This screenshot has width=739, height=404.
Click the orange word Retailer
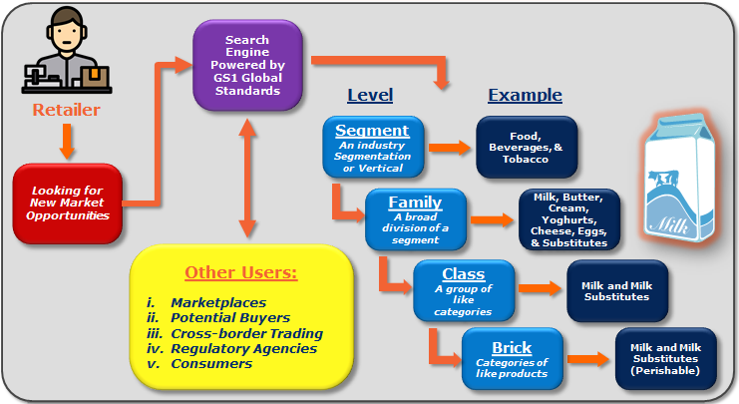[67, 110]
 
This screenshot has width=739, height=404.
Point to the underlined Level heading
[369, 96]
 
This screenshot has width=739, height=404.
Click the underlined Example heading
[525, 96]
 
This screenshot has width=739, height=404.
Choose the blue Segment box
[372, 147]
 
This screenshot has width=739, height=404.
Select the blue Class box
[463, 290]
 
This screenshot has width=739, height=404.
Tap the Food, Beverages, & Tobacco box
[528, 146]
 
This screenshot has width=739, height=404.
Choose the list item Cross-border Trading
[246, 333]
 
